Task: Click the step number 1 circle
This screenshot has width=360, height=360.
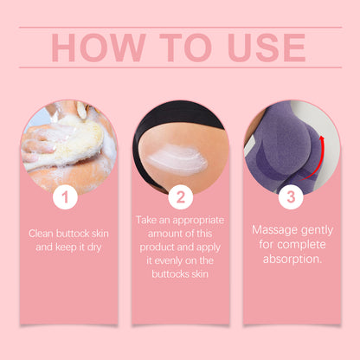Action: pyautogui.click(x=64, y=197)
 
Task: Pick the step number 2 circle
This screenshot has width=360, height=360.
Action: pyautogui.click(x=180, y=197)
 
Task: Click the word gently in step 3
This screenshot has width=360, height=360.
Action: pyautogui.click(x=320, y=231)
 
